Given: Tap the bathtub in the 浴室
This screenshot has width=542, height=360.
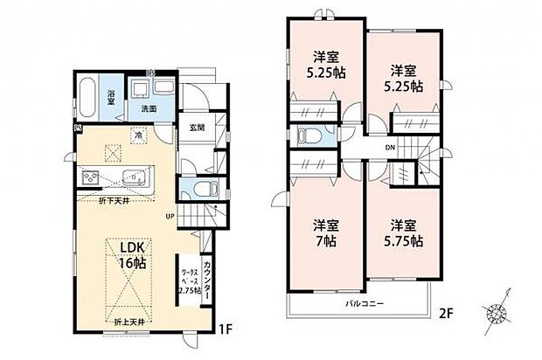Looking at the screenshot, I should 87,96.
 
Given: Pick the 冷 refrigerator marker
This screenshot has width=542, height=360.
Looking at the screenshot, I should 138,135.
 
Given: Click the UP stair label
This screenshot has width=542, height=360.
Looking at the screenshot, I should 172,216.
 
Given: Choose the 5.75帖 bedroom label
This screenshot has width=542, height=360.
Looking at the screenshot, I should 403,232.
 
